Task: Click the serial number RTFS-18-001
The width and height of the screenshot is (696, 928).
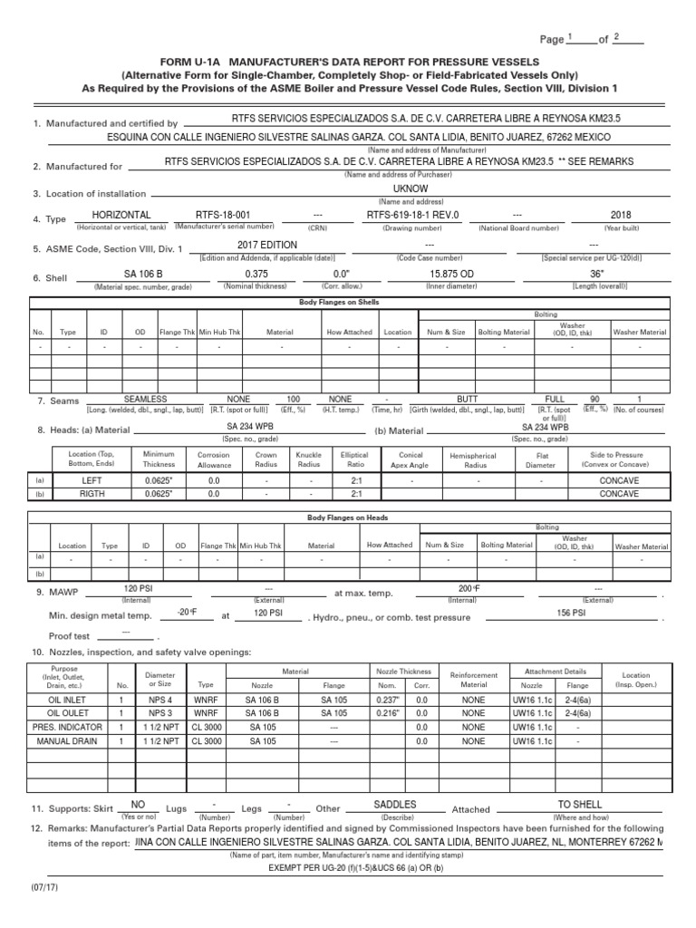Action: pos(219,215)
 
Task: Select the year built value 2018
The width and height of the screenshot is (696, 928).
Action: pos(621,215)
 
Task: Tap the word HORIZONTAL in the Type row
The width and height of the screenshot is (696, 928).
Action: pos(122,215)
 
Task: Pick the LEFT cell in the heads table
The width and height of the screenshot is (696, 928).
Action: pos(93,480)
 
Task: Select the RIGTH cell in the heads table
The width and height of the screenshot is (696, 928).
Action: pos(93,495)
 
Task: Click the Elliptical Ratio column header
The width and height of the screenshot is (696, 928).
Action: pos(354,459)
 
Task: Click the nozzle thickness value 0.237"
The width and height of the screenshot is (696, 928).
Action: pos(386,700)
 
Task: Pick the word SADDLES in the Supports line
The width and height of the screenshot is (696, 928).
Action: pos(395,804)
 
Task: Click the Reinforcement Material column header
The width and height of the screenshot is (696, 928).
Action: pos(473,680)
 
